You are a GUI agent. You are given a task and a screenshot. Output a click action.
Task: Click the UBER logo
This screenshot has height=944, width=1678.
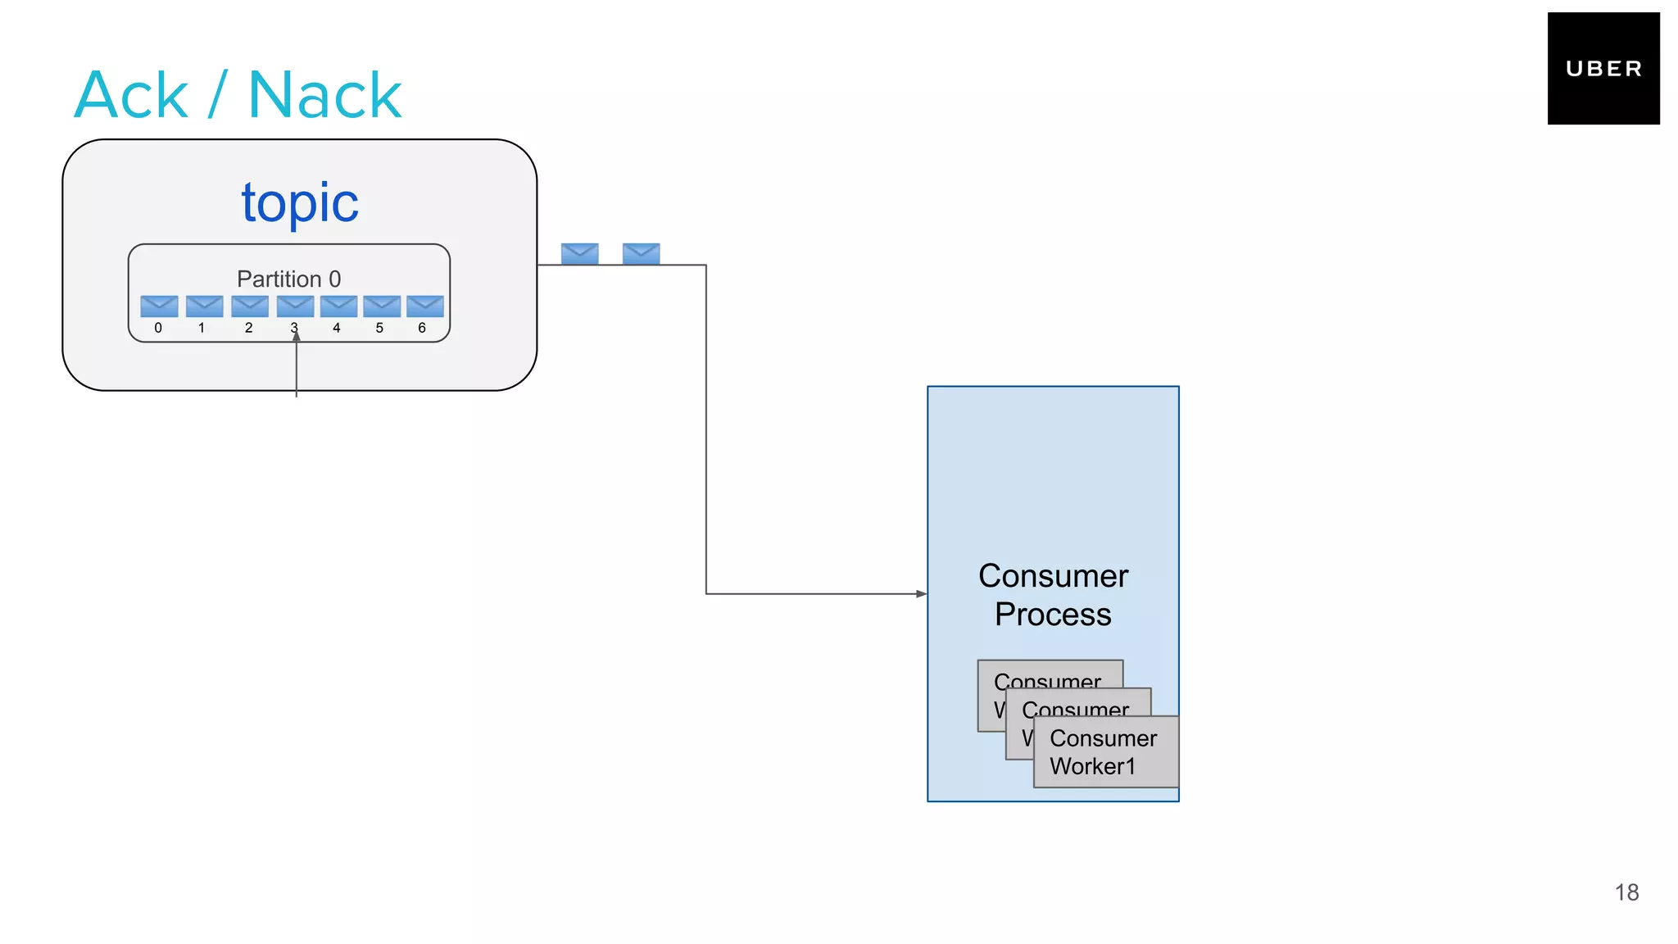point(1603,68)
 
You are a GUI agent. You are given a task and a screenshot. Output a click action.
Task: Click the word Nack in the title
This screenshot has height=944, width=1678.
point(324,96)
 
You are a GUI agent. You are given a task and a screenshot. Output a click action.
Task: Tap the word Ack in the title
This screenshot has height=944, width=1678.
point(131,96)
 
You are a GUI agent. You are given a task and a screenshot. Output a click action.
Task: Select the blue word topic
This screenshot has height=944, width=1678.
point(300,202)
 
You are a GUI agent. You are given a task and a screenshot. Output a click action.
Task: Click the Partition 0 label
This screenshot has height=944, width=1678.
point(288,279)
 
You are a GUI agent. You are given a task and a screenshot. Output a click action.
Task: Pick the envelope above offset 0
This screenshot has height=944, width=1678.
point(159,306)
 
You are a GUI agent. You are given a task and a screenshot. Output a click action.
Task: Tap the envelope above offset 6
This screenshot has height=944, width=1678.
point(424,306)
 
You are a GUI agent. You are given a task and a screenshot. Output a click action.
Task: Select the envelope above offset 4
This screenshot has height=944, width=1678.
point(338,306)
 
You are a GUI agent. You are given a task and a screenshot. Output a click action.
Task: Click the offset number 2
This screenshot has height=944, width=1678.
point(248,328)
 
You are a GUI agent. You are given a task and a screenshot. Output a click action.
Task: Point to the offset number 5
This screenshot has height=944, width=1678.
point(379,328)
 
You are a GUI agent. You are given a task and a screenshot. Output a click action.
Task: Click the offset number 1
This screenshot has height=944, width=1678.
point(202,328)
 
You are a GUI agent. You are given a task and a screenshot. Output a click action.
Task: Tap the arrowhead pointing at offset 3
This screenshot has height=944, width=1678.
point(297,336)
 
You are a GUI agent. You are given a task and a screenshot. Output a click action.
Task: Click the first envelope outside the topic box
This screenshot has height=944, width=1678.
point(579,253)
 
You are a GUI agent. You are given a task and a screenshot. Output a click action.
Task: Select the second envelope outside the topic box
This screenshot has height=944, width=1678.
point(641,253)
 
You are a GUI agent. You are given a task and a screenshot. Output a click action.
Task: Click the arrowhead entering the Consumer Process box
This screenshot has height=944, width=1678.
point(921,593)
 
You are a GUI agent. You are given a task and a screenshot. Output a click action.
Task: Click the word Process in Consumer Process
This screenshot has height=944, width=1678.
point(1053,615)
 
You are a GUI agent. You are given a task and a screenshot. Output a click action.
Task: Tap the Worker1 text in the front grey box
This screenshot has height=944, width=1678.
point(1092,766)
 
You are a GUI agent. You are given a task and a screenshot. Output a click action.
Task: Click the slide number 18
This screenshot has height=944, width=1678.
point(1626,892)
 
